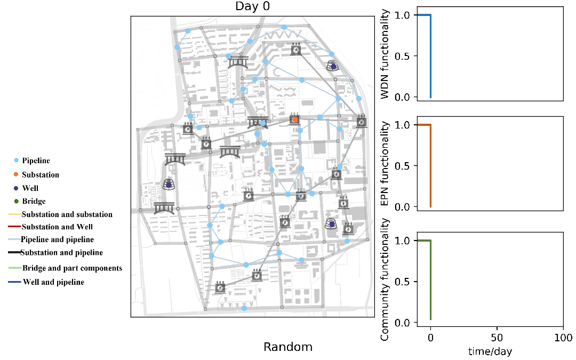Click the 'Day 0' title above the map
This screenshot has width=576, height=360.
coord(251,6)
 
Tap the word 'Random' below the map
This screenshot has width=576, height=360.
coord(288,347)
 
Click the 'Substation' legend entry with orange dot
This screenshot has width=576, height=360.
coord(41,174)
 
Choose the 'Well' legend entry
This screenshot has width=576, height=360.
coord(30,188)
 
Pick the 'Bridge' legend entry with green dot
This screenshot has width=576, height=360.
coord(34,202)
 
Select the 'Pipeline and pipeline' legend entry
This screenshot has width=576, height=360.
coord(57,239)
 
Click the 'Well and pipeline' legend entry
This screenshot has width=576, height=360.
coord(53,282)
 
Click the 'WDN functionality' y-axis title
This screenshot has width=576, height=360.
coord(385,53)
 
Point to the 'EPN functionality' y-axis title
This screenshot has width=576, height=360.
coord(385,164)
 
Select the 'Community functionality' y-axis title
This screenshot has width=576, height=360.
coord(385,279)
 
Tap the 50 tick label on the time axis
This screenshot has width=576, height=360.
coord(497,338)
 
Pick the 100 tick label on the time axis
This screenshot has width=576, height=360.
coord(563,338)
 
